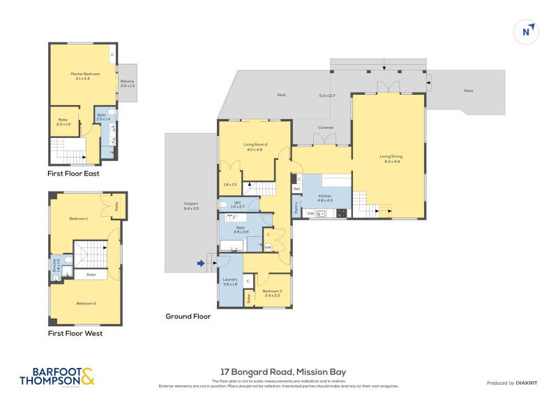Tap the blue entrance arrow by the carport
pyautogui.click(x=202, y=263)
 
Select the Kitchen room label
pyautogui.click(x=326, y=196)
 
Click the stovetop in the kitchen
pyautogui.click(x=341, y=213)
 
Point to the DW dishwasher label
pyautogui.click(x=310, y=213)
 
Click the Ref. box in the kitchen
pyautogui.click(x=296, y=189)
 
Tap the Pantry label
pyautogui.click(x=296, y=208)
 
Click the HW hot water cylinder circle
pyautogui.click(x=268, y=245)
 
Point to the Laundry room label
pyautogui.click(x=230, y=282)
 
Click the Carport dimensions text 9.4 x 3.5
pyautogui.click(x=191, y=208)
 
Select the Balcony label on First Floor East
pyautogui.click(x=127, y=82)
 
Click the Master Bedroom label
pyautogui.click(x=83, y=75)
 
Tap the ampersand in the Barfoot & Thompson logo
pyautogui.click(x=87, y=376)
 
